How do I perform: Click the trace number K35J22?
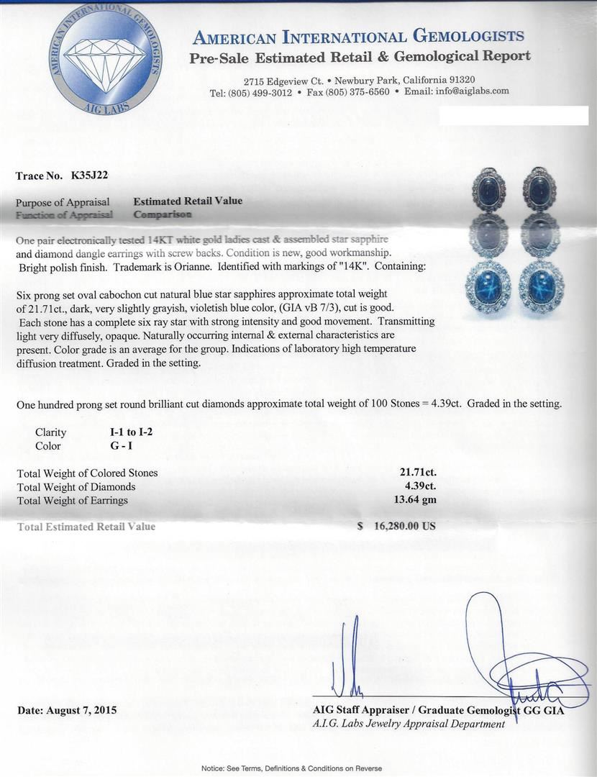[x=89, y=175]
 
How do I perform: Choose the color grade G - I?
[x=116, y=445]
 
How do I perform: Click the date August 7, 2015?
[x=67, y=710]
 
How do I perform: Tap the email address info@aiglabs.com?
[x=468, y=91]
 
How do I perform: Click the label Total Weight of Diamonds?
[x=76, y=487]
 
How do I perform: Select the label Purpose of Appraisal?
[x=63, y=202]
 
